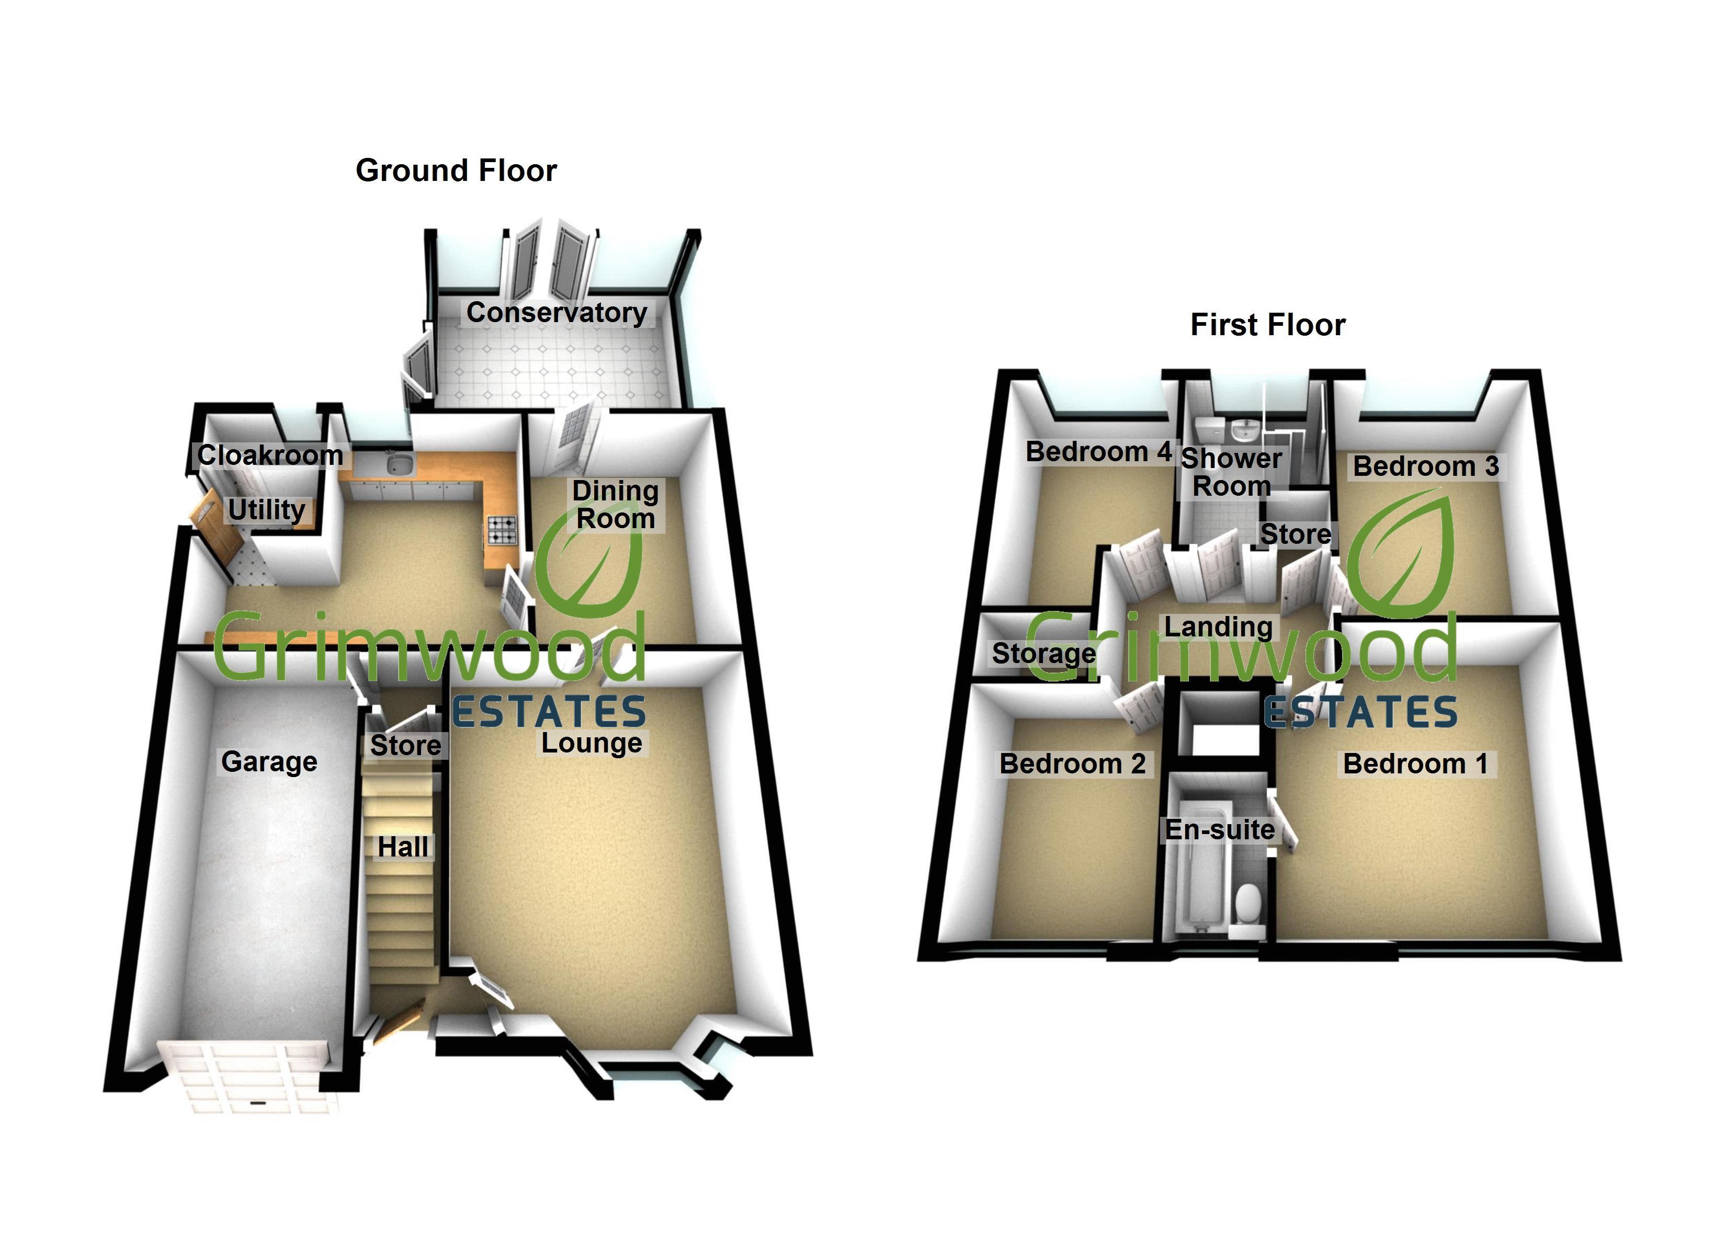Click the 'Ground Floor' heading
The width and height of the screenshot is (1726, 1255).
tap(456, 170)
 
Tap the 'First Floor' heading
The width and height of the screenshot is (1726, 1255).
tap(1267, 325)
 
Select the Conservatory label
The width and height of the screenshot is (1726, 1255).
tap(557, 312)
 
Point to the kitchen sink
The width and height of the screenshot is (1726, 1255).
tap(398, 462)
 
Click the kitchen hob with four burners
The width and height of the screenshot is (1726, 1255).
tap(502, 530)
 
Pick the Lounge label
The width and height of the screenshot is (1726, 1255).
tap(592, 742)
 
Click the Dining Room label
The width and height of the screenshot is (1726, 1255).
tap(616, 505)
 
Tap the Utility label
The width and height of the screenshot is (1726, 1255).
tap(266, 509)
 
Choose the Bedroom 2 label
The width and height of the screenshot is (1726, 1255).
tap(1072, 763)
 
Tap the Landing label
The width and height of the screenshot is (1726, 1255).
tap(1218, 626)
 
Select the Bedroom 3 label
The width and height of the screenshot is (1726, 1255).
tap(1425, 466)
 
